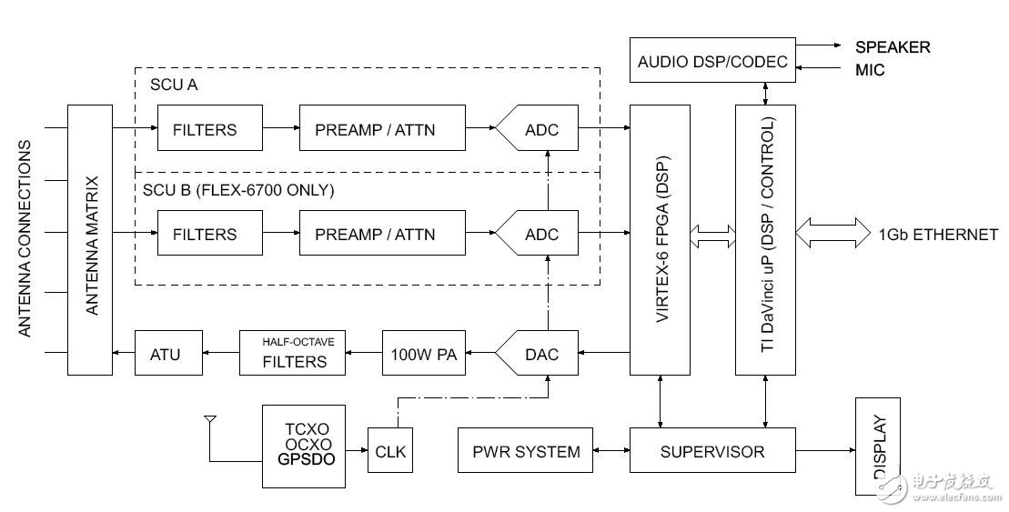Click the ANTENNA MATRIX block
pos(91,240)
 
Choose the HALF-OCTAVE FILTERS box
pos(295,353)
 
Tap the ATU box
pos(165,353)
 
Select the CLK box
pos(389,450)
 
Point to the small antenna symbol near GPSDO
pos(210,422)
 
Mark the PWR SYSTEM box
pos(526,451)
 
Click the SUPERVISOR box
pos(711,451)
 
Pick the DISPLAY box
pos(878,447)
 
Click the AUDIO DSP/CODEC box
pos(712,62)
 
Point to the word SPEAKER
pos(893,47)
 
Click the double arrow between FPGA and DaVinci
pos(713,235)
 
